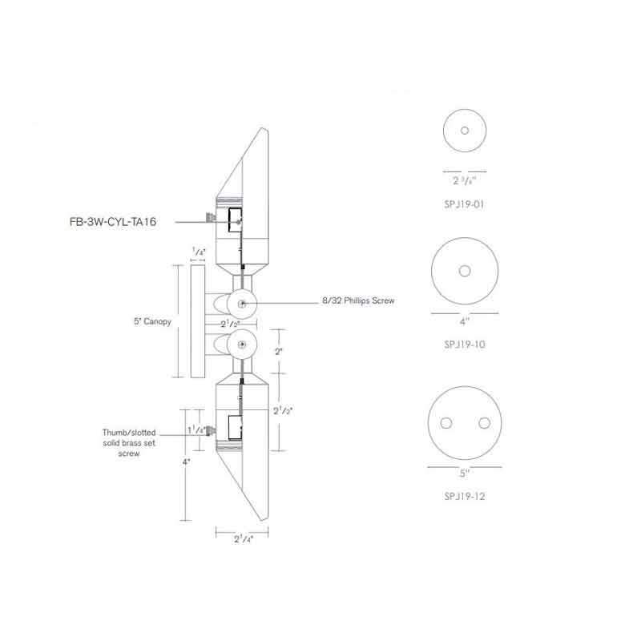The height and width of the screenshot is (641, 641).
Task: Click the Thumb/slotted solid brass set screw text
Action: tap(130, 442)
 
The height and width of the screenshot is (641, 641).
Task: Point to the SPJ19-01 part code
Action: tap(465, 204)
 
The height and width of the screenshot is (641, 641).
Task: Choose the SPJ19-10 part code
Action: tap(465, 345)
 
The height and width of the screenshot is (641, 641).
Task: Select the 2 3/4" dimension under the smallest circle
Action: tap(464, 180)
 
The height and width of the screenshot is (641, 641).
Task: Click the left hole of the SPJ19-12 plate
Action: tap(445, 423)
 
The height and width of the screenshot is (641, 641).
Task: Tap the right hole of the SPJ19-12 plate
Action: tap(484, 423)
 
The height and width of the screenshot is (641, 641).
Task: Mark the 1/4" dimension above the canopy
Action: tap(198, 252)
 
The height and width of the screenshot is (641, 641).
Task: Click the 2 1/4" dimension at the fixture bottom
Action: tap(241, 539)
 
